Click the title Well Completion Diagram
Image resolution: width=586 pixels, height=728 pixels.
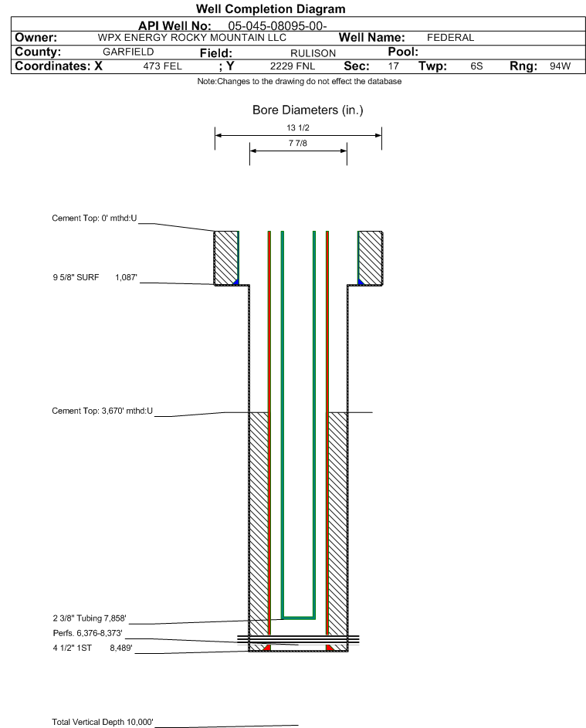271,8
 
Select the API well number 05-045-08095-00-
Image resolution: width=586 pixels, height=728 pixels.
277,26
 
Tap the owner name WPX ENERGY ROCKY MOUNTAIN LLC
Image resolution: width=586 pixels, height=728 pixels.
191,38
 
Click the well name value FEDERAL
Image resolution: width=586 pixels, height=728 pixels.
450,38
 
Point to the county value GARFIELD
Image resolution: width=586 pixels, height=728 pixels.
128,52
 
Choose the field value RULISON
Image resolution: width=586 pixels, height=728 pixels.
313,53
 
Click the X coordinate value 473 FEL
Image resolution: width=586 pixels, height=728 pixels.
162,66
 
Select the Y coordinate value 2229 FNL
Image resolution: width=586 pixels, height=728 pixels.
293,66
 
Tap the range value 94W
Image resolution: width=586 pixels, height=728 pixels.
560,66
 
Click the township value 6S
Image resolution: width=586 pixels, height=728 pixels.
476,66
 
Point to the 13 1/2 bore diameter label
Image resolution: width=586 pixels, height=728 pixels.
298,127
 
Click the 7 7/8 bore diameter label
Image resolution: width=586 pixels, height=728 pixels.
298,143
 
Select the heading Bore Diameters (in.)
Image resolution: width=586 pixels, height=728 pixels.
307,110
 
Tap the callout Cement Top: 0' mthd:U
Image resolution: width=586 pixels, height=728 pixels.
94,218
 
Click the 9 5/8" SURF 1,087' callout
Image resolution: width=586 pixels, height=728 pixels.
95,277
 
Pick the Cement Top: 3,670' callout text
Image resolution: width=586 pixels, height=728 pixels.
102,411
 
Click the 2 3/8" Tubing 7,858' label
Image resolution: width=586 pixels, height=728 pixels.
89,618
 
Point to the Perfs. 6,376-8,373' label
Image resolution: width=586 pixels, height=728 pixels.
87,633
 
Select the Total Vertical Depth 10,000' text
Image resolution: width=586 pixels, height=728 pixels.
102,722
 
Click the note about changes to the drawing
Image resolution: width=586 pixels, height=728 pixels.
299,81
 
